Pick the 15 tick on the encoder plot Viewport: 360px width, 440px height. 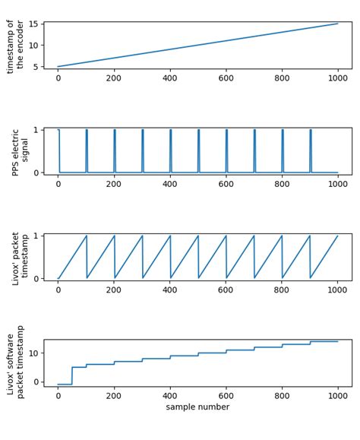(33, 24)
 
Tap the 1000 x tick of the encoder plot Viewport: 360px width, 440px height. (338, 78)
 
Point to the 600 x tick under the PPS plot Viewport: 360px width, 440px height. (226, 184)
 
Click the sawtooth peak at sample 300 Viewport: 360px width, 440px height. (142, 236)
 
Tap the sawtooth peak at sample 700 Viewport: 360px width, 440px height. (254, 236)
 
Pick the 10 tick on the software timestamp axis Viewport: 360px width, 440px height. (33, 353)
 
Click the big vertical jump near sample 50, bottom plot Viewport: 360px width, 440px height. (72, 375)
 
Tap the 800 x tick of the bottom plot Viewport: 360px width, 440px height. (282, 395)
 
